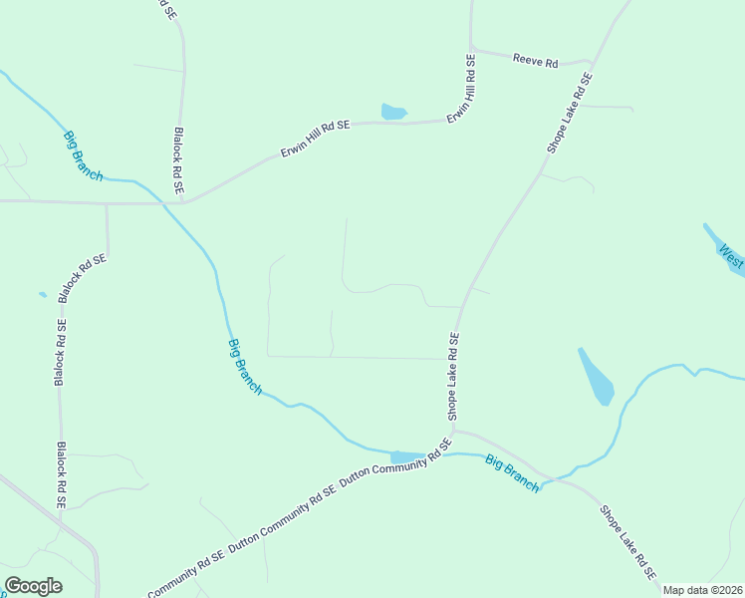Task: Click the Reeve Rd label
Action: point(535,61)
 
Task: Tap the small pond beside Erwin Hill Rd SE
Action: point(393,112)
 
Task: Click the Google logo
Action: point(33,586)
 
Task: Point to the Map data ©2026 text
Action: point(702,590)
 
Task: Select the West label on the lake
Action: point(732,259)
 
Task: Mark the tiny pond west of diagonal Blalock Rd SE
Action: point(42,294)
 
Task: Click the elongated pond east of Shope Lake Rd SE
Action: point(597,376)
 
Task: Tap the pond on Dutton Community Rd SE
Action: point(406,457)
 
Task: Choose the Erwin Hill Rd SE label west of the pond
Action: point(315,140)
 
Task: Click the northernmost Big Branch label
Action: point(83,156)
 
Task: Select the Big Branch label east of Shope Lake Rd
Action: point(513,472)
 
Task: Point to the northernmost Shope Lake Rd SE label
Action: point(570,112)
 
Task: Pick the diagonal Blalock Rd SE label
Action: point(82,278)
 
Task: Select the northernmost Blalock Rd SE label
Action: point(179,159)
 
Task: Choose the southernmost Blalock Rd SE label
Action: point(61,476)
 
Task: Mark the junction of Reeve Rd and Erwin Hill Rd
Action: point(471,48)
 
